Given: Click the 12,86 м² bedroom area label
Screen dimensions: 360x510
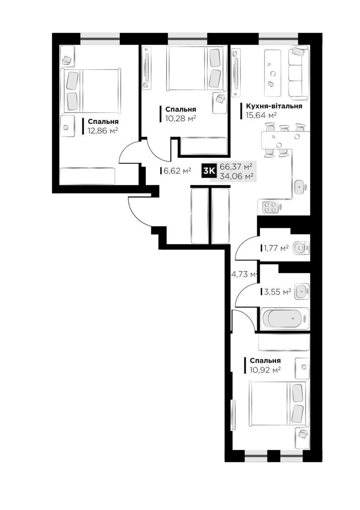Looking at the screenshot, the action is click(x=103, y=131).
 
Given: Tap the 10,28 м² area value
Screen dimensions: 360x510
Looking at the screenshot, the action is click(x=181, y=119).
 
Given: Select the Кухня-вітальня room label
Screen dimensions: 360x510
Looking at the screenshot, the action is click(x=274, y=106).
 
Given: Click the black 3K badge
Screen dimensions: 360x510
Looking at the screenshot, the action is click(x=209, y=171).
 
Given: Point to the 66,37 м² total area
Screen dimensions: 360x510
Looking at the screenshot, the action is click(x=235, y=167).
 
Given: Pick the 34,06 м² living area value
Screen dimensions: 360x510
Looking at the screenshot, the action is click(x=236, y=176).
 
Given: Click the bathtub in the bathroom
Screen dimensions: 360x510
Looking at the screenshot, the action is click(x=285, y=319).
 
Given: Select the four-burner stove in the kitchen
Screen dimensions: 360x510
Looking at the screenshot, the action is click(x=270, y=207).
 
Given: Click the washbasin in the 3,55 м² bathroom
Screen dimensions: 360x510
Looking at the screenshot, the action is click(x=302, y=291).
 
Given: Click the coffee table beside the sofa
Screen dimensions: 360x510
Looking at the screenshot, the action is click(x=272, y=73).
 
